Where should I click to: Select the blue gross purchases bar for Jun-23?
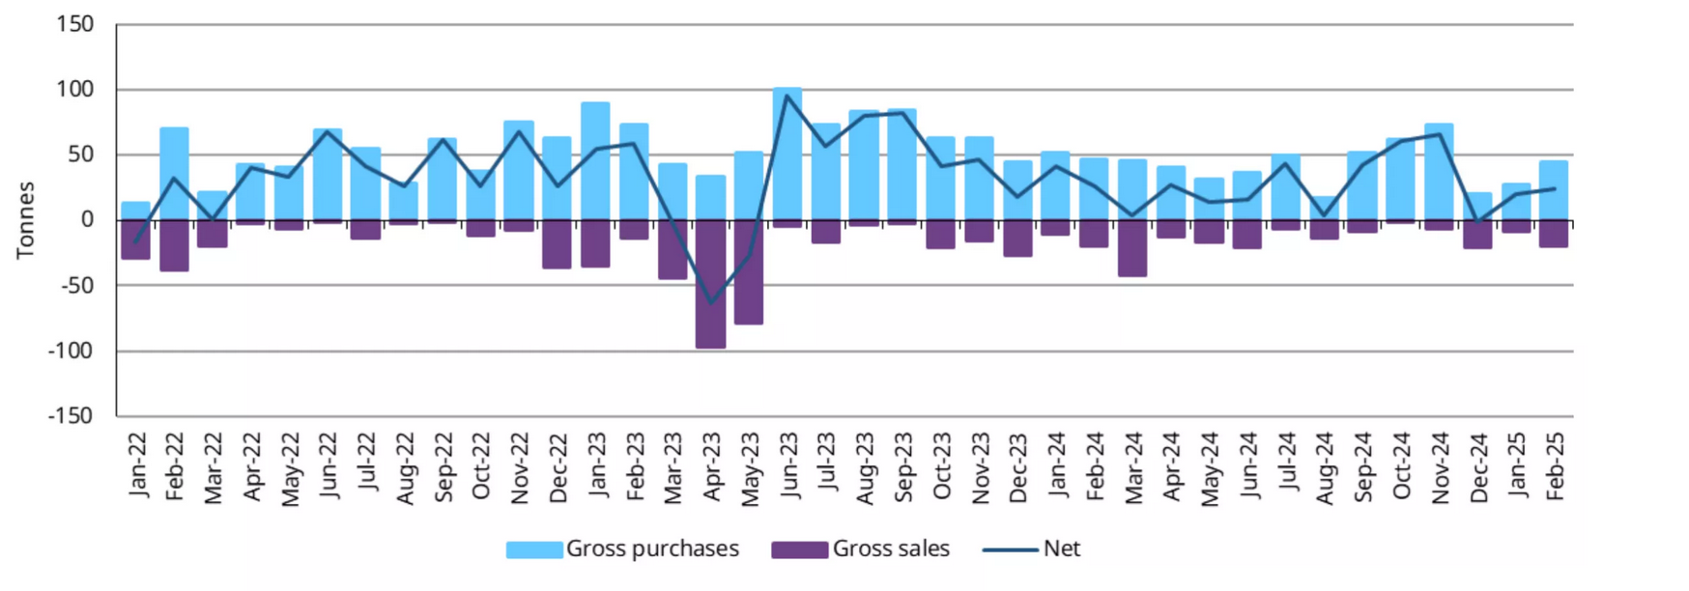(787, 155)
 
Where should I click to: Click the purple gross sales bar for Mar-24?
(1132, 248)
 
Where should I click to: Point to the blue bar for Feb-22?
(174, 174)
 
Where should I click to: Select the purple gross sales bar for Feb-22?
(174, 245)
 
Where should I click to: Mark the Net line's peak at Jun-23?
(787, 96)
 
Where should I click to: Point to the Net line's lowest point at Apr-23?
(711, 303)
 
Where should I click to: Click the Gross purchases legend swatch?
(534, 549)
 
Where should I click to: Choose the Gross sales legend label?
(891, 549)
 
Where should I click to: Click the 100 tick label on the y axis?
(75, 90)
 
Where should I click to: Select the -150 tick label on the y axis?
(71, 416)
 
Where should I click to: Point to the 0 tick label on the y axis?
(87, 220)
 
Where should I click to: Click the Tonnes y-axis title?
(25, 220)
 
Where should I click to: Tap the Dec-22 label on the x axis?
(558, 467)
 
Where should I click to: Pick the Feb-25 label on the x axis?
(1554, 465)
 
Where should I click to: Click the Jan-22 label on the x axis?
(138, 465)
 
